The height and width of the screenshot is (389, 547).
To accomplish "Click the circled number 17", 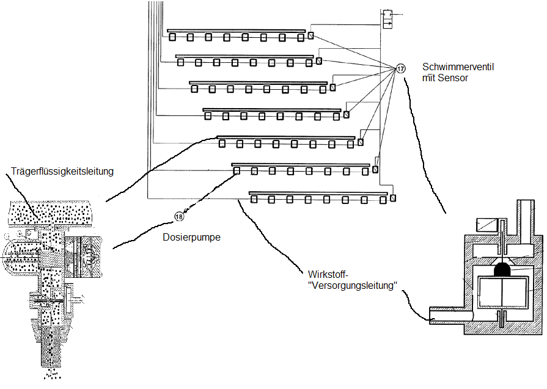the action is click(x=400, y=68).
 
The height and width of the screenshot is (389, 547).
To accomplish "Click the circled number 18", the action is click(x=179, y=217).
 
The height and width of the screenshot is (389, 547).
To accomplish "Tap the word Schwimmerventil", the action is click(x=458, y=67).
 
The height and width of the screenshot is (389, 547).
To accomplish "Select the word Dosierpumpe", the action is click(x=191, y=238).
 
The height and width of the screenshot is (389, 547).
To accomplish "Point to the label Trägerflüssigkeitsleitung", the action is click(x=62, y=171).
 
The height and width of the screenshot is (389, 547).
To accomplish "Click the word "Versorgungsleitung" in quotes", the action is click(x=353, y=285).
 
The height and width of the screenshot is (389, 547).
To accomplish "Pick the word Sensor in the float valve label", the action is click(x=453, y=78).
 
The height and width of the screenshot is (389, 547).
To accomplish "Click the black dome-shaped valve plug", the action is click(x=503, y=269).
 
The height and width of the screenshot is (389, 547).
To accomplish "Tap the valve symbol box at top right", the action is click(x=387, y=20).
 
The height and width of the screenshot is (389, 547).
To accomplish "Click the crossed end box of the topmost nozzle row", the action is click(x=311, y=35).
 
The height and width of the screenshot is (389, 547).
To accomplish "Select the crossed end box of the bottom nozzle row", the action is click(x=393, y=198).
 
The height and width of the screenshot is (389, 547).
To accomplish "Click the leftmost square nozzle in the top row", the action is click(x=172, y=37).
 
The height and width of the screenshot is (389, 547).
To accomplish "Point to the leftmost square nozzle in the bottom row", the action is click(x=254, y=199).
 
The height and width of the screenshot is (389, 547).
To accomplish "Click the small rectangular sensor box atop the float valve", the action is click(x=486, y=225).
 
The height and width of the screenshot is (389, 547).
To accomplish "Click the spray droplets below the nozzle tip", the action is click(x=52, y=375).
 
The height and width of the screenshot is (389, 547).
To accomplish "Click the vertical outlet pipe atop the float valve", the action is click(x=526, y=222).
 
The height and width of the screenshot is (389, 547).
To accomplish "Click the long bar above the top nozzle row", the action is click(x=236, y=31).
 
